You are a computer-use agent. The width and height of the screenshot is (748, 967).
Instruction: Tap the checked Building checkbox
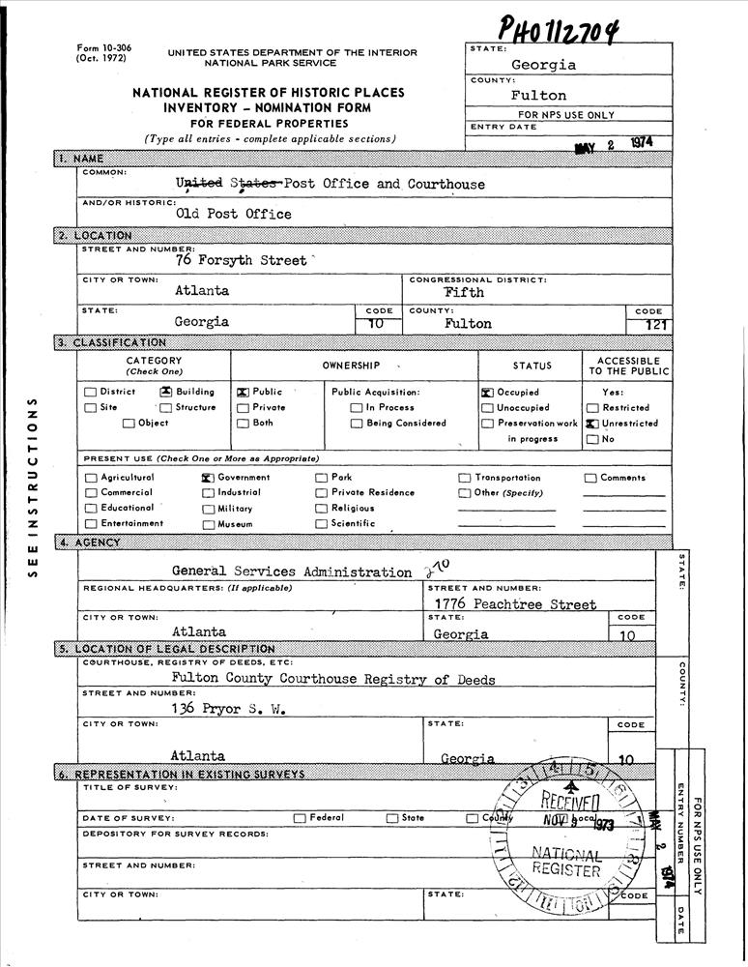[x=166, y=393]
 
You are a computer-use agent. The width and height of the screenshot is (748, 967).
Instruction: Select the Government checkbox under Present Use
[x=207, y=478]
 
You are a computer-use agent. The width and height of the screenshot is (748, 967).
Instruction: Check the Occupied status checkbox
[x=487, y=393]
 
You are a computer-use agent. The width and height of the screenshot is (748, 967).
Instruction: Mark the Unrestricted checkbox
[x=591, y=424]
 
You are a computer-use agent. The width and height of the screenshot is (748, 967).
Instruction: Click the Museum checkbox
[x=208, y=524]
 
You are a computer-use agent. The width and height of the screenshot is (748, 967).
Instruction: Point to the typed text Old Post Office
[x=233, y=214]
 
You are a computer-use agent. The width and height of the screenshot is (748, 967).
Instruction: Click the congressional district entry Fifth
[x=464, y=291]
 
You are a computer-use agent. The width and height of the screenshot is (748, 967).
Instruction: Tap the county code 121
[x=655, y=325]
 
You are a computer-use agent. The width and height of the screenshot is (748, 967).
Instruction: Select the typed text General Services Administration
[x=291, y=571]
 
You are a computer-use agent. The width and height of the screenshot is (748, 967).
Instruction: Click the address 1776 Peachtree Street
[x=515, y=604]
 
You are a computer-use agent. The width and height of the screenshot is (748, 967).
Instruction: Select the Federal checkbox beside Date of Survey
[x=301, y=818]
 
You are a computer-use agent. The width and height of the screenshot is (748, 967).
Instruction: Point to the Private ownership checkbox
[x=242, y=408]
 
